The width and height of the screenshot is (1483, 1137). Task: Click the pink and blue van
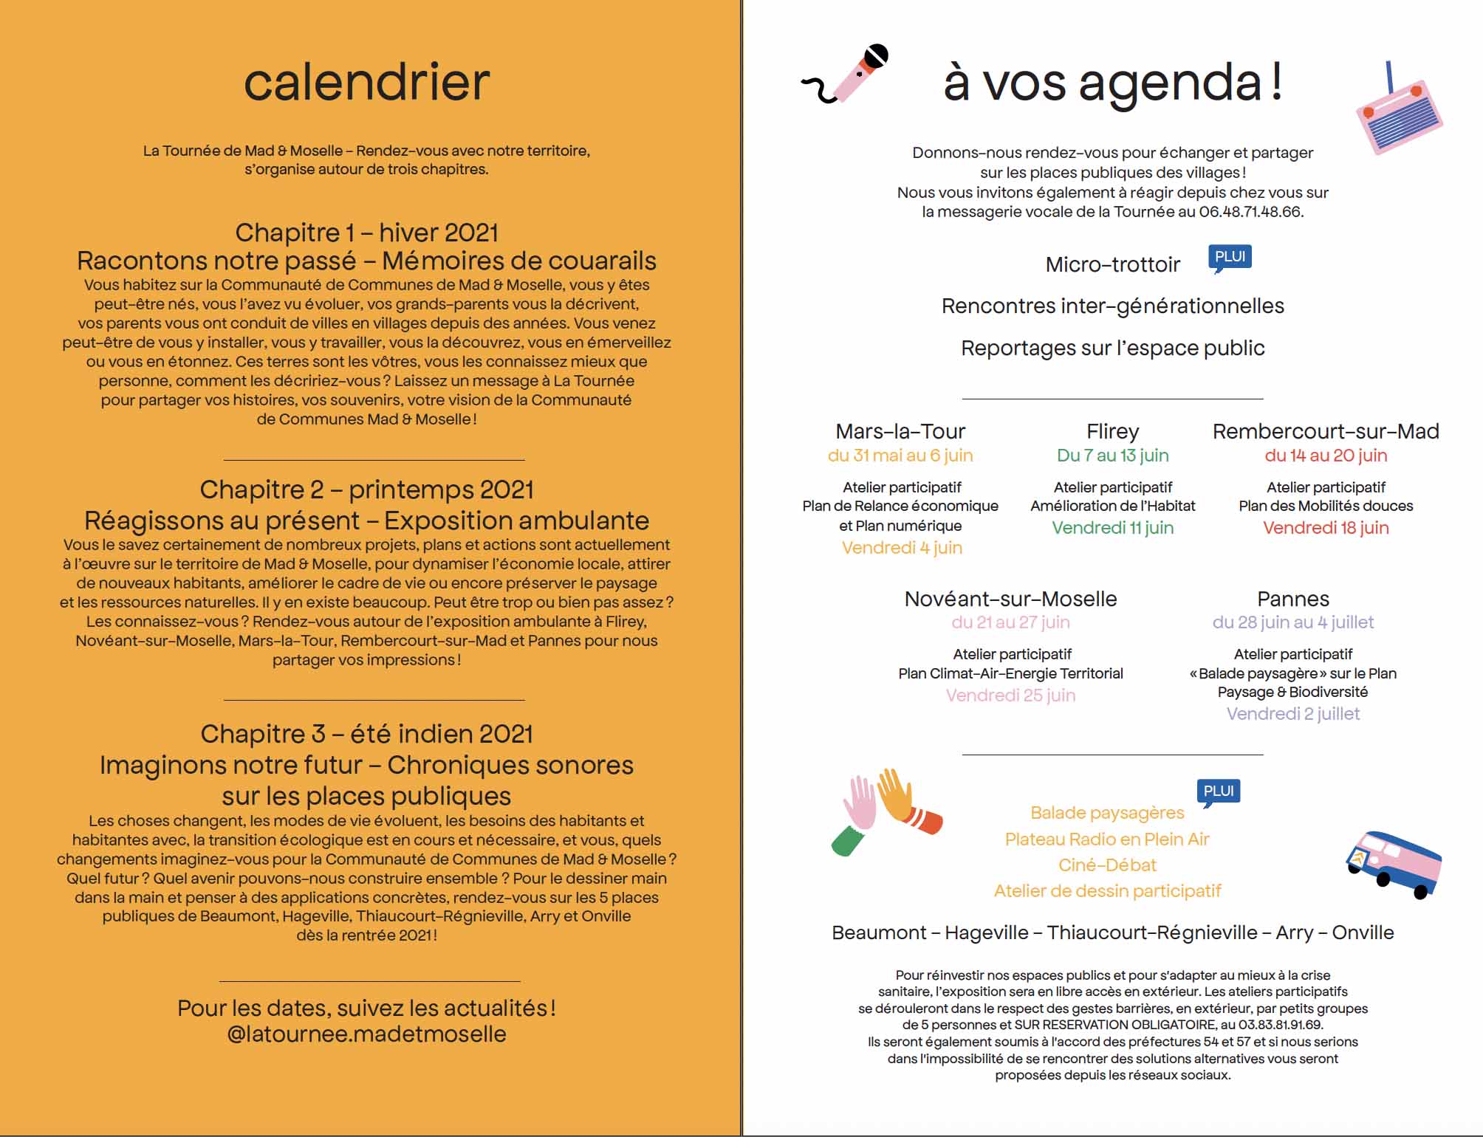tap(1393, 864)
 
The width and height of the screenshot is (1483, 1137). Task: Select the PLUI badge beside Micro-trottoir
tap(1230, 258)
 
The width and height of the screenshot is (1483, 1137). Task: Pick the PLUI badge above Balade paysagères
tap(1218, 791)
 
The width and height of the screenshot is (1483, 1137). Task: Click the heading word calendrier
tap(366, 82)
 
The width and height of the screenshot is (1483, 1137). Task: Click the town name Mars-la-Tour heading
tap(900, 431)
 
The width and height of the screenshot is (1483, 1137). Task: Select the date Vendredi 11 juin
tap(1112, 528)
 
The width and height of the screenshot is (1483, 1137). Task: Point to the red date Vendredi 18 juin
tap(1326, 528)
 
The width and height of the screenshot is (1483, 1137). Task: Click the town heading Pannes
tap(1292, 599)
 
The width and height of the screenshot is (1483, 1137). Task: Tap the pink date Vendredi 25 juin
tap(1010, 695)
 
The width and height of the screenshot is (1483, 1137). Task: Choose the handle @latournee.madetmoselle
tap(366, 1034)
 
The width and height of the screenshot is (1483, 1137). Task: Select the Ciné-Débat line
tap(1107, 865)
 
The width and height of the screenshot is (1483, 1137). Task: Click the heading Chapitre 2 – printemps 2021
tap(366, 490)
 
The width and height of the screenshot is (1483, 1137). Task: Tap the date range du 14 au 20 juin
tap(1326, 456)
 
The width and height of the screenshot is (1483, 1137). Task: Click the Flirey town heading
tap(1112, 431)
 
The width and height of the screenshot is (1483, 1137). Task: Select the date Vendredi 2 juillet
tap(1292, 714)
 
